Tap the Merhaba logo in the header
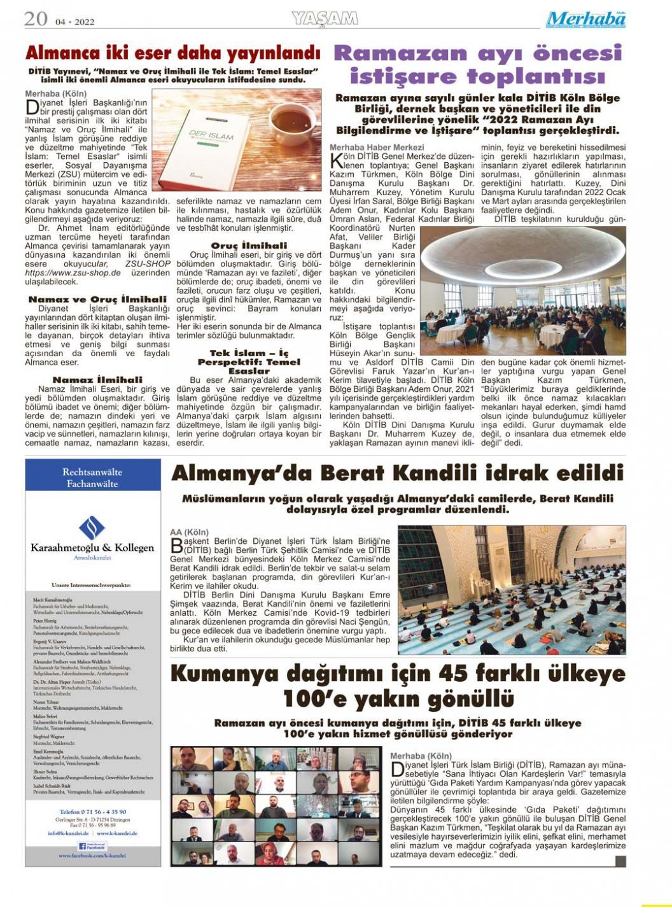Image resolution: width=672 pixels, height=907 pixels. pos(585,20)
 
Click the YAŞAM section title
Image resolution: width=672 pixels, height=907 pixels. pos(325,19)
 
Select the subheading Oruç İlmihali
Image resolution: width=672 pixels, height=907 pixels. pos(249,246)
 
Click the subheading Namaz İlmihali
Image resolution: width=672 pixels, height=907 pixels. pos(97,380)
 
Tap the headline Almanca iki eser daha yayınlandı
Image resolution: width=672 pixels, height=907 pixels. pos(172,52)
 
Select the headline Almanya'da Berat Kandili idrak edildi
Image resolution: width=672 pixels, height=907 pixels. pos(397,473)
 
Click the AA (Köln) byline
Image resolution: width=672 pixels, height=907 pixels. pos(189,532)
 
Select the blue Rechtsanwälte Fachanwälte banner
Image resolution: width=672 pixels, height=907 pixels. pos(92,478)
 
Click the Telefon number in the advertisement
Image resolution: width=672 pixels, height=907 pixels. pos(92,812)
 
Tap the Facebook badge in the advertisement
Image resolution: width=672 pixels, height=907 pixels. pos(92,846)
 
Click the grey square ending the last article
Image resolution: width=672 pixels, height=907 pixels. pos(620,861)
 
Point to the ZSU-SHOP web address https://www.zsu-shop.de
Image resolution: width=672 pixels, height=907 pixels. pos(73,273)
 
